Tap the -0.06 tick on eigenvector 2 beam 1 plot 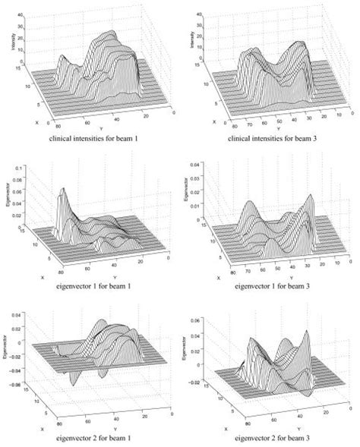(21, 373)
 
